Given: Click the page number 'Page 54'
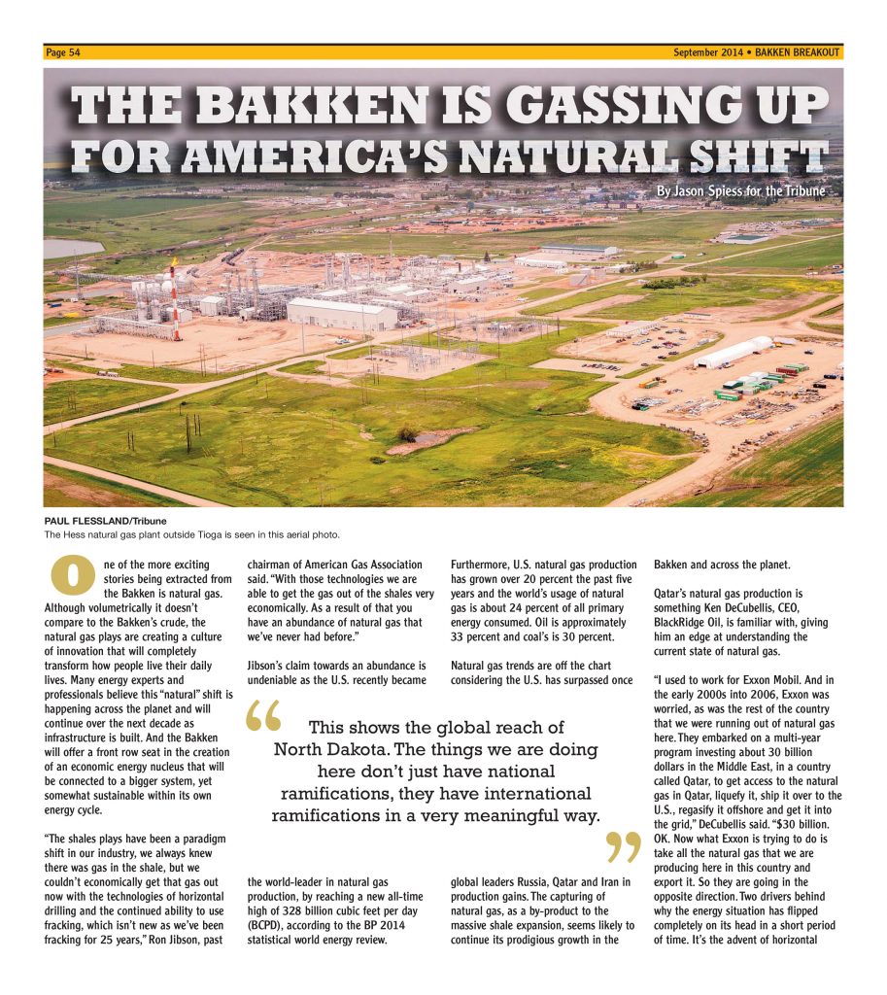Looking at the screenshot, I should pos(62,52).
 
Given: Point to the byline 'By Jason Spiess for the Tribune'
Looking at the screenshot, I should pos(740,191).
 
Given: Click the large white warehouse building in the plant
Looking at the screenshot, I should pos(341,313).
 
